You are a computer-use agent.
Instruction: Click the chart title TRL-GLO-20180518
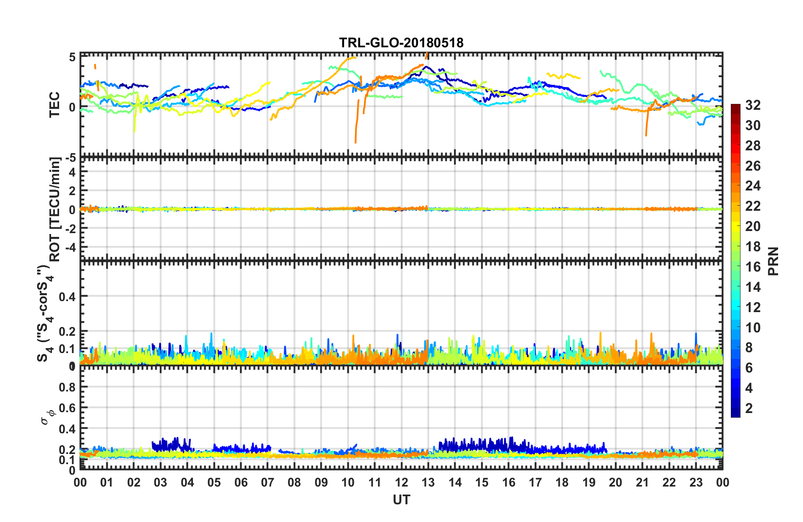click(x=401, y=43)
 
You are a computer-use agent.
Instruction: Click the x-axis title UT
click(x=401, y=500)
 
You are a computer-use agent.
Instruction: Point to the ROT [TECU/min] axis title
click(x=55, y=209)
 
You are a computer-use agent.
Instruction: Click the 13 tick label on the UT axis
click(x=428, y=483)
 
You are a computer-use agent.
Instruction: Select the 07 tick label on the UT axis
click(x=268, y=483)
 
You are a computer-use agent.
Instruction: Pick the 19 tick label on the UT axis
click(x=589, y=483)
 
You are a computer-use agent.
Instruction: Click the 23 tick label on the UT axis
click(x=696, y=483)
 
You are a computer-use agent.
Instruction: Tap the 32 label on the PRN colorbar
click(x=753, y=105)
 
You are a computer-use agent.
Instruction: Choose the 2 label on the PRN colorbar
click(x=749, y=408)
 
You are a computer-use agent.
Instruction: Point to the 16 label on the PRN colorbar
click(x=753, y=267)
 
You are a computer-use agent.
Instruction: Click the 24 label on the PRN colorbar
click(x=753, y=186)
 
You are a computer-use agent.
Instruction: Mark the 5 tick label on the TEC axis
click(x=72, y=57)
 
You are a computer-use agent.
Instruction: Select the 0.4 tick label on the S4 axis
click(x=67, y=296)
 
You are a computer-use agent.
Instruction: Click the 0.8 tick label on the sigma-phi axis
click(x=67, y=387)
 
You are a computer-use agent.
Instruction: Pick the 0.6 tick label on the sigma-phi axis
click(x=67, y=408)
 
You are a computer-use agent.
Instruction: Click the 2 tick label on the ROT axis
click(x=72, y=191)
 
